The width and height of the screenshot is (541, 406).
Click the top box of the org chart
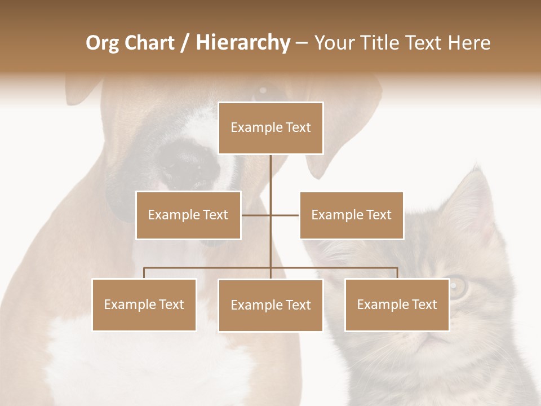pos(270,127)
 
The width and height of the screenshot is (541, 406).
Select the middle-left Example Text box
pos(188,215)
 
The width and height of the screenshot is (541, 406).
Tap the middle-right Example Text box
pos(351,215)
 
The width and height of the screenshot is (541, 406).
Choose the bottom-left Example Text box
pos(144,304)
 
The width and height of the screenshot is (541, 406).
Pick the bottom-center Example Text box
pos(270,305)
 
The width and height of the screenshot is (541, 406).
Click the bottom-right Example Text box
pos(397,304)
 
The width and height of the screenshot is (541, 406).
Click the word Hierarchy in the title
pos(242,43)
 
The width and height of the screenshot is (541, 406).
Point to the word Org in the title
pos(103,43)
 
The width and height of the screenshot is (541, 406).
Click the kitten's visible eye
pos(458,287)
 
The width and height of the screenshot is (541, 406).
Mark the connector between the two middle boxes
pos(270,215)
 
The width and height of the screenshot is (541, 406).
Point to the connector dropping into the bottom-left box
pos(144,273)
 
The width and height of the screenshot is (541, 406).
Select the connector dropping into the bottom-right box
pos(397,273)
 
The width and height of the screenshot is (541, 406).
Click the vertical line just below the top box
pos(270,169)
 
